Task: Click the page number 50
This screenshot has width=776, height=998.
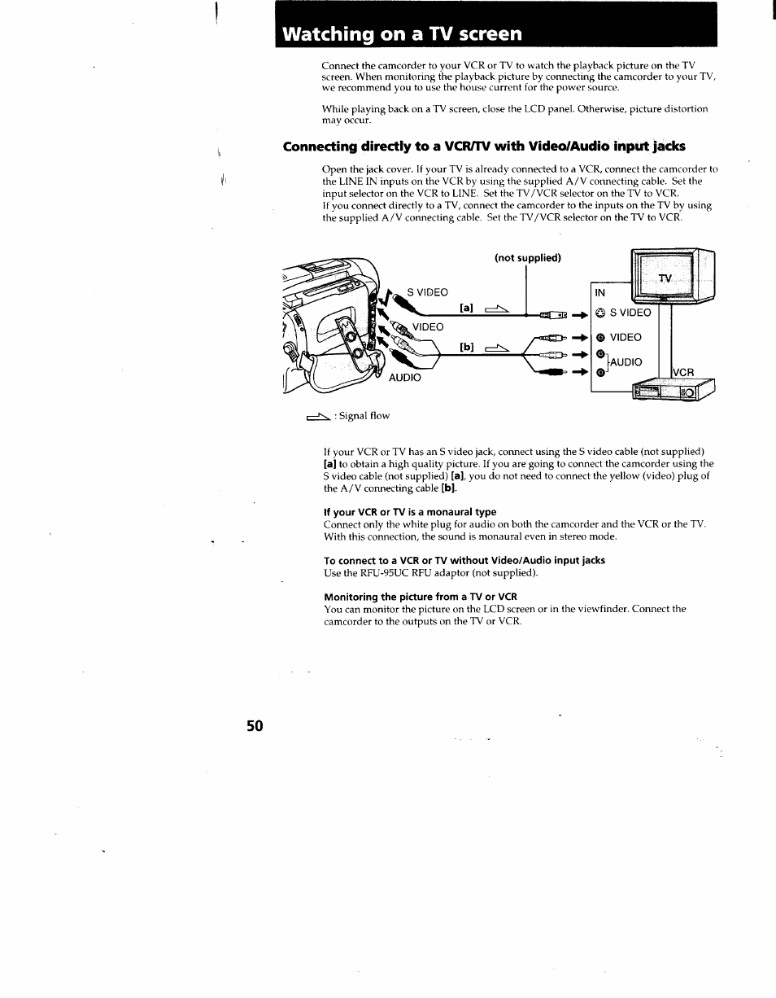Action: click(x=255, y=726)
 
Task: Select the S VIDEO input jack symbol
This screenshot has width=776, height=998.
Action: click(x=599, y=313)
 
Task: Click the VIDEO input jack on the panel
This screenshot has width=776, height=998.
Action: click(x=599, y=337)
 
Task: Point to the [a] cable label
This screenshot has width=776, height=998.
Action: click(x=466, y=309)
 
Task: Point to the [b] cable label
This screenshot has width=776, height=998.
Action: click(x=466, y=347)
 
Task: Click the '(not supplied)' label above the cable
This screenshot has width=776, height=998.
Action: click(x=528, y=258)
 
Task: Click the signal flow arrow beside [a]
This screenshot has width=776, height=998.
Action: click(x=496, y=309)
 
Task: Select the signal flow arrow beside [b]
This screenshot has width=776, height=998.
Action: click(x=496, y=348)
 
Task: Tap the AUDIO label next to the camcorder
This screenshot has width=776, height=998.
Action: click(x=404, y=378)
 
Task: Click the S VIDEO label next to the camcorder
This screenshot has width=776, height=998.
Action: click(x=428, y=292)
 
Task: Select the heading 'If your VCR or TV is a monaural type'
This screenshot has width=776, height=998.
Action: click(x=409, y=512)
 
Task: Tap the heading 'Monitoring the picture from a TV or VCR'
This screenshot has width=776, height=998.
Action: click(x=420, y=597)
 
